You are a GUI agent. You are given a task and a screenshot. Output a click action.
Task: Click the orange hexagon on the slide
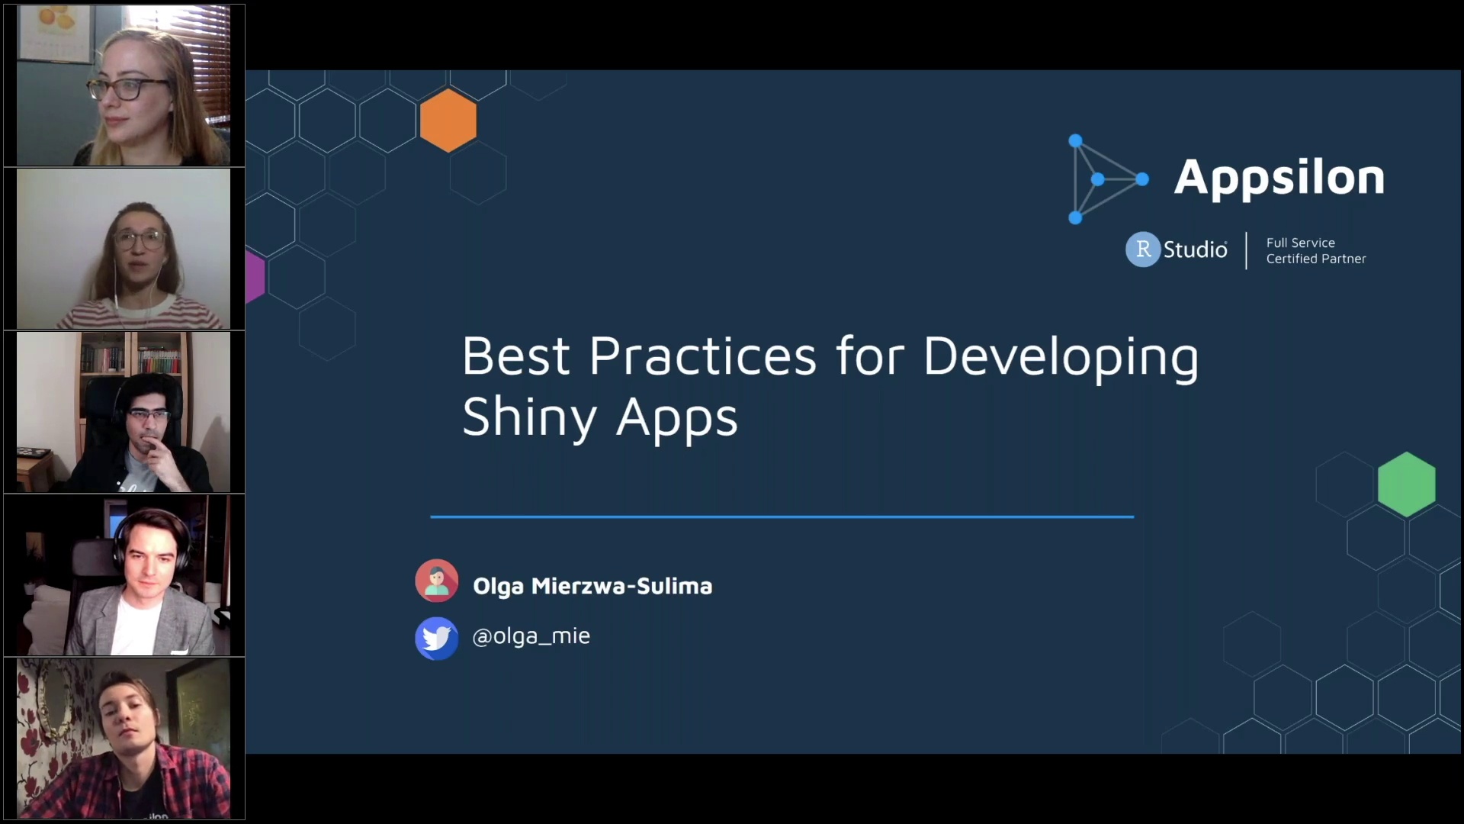pyautogui.click(x=448, y=121)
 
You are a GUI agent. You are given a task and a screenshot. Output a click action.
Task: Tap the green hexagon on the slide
pyautogui.click(x=1406, y=484)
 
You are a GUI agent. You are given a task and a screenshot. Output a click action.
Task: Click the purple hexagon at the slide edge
pyautogui.click(x=255, y=277)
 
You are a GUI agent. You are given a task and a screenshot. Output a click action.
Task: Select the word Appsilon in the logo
pyautogui.click(x=1279, y=179)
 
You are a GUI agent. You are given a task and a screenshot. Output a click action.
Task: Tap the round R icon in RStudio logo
pyautogui.click(x=1142, y=249)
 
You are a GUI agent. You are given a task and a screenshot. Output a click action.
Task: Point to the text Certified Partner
pyautogui.click(x=1315, y=259)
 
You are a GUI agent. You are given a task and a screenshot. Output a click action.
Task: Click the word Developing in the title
pyautogui.click(x=1060, y=357)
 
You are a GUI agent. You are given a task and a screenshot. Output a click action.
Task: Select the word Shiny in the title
pyautogui.click(x=529, y=418)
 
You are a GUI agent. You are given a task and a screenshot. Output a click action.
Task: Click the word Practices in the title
pyautogui.click(x=702, y=357)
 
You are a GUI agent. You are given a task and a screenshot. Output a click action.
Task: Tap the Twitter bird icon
pyautogui.click(x=436, y=638)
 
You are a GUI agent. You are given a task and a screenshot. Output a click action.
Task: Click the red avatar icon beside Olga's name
pyautogui.click(x=436, y=581)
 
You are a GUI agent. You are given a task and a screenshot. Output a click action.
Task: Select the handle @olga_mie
pyautogui.click(x=531, y=636)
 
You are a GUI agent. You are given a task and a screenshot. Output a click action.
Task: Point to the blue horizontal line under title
pyautogui.click(x=782, y=517)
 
